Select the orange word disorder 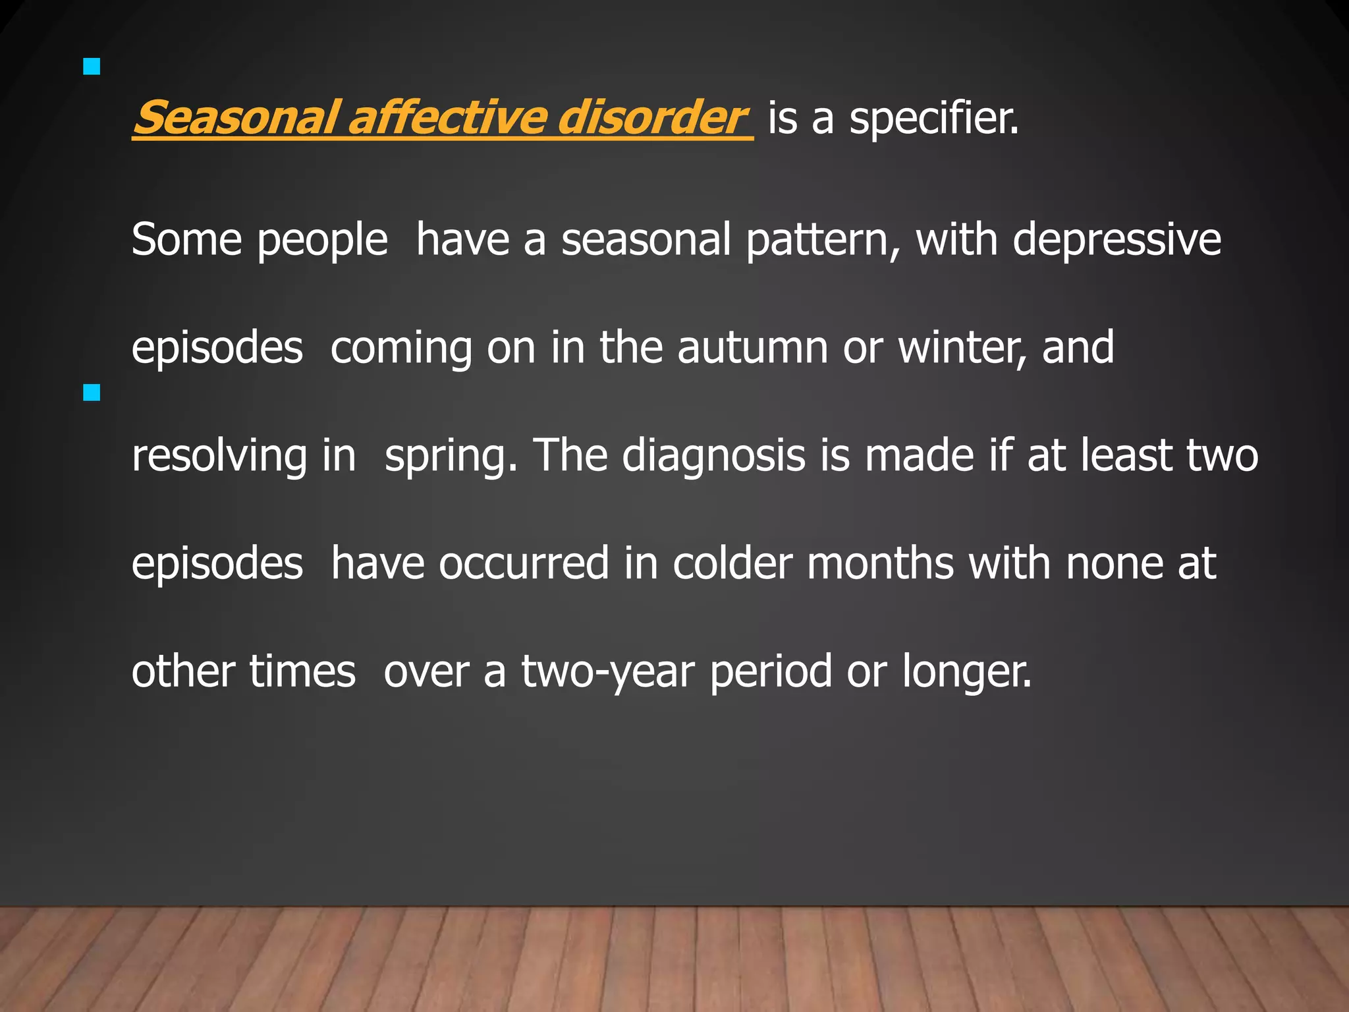point(649,118)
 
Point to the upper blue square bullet point(92,67)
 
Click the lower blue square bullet point(92,393)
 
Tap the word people point(322,240)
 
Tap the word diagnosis point(713,457)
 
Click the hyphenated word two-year point(608,673)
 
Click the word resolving point(219,457)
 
